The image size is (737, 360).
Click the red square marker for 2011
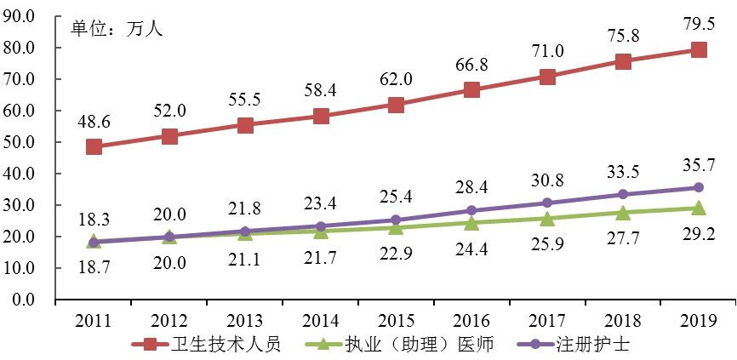click(94, 147)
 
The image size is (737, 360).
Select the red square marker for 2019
click(698, 50)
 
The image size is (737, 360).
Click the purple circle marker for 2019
click(698, 187)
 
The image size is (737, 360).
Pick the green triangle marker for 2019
click(698, 208)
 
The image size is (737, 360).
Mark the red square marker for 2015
click(396, 105)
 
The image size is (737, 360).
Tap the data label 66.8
click(471, 64)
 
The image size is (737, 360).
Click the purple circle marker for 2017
click(547, 203)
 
